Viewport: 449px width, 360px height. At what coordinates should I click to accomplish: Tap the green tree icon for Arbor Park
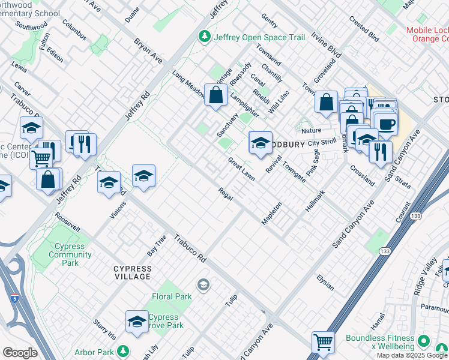[x=122, y=351]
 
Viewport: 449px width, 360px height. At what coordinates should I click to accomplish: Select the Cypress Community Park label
[x=70, y=254]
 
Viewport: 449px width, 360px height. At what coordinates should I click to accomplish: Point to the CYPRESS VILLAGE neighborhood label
[x=133, y=272]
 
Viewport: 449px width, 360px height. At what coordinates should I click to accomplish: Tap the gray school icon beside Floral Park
[x=203, y=284]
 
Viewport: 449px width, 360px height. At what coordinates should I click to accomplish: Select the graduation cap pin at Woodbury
[x=261, y=143]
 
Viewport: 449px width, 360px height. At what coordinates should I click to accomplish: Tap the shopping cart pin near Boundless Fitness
[x=323, y=343]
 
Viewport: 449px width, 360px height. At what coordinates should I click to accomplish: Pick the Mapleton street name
[x=271, y=213]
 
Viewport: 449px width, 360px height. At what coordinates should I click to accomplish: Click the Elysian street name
[x=325, y=281]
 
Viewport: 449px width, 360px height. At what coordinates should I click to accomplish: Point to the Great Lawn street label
[x=241, y=169]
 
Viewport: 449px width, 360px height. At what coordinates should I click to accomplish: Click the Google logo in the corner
[x=20, y=353]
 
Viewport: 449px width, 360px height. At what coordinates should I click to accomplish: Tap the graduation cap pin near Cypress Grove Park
[x=137, y=322]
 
